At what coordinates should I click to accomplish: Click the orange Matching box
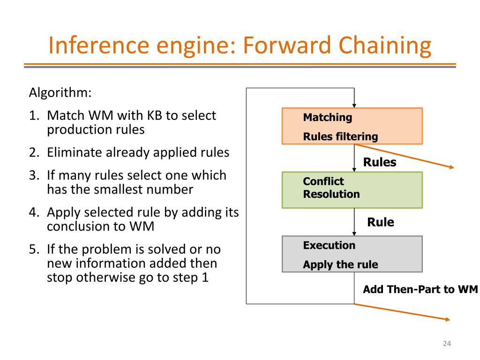point(352,126)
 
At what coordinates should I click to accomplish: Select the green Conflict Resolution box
point(352,190)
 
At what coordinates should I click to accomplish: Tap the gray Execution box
point(352,254)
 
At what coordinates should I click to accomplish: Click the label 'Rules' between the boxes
point(380,162)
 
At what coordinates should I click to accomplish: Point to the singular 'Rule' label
point(381,222)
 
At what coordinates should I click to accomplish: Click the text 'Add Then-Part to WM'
point(420,289)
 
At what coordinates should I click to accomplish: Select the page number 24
point(447,344)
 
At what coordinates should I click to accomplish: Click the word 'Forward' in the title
point(287,45)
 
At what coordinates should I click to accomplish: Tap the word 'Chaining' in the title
point(385,46)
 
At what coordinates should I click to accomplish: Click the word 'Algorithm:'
point(60,92)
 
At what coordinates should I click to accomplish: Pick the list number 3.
point(34,175)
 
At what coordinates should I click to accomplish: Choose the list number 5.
point(34,249)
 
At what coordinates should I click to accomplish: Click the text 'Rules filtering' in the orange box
point(340,136)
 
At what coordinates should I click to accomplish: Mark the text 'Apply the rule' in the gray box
point(340,264)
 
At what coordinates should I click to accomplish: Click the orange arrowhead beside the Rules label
point(452,167)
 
